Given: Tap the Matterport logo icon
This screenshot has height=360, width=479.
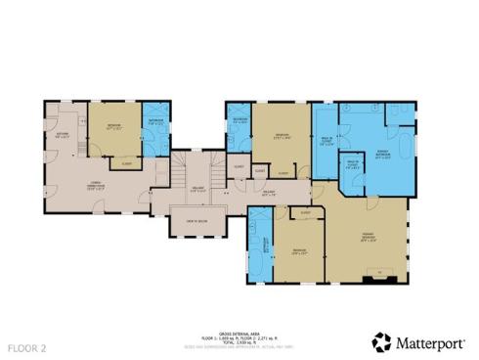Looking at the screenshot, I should click(381, 342).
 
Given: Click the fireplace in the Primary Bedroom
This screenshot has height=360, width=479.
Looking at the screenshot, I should click(382, 277).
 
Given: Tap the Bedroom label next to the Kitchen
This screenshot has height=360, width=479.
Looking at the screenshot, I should click(114, 127).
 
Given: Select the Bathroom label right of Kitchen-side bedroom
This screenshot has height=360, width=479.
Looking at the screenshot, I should click(156, 123).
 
